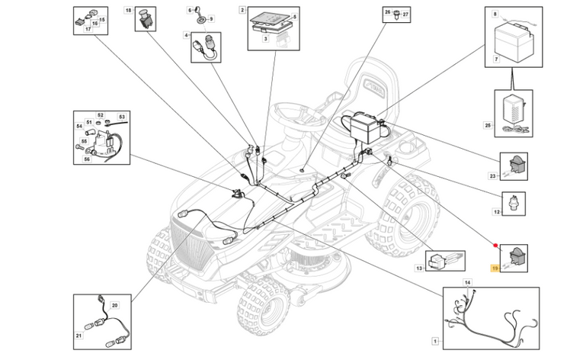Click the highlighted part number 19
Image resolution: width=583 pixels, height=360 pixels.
(495, 269)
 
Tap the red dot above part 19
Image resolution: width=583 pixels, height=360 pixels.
(496, 246)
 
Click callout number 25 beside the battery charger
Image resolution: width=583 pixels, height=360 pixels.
(489, 125)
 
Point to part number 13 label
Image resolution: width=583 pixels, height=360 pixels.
(418, 269)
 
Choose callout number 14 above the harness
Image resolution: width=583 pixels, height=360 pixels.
(469, 283)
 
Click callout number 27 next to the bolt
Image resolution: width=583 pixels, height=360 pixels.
(406, 14)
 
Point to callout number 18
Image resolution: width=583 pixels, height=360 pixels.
(129, 11)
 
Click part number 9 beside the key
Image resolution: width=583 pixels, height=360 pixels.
(211, 18)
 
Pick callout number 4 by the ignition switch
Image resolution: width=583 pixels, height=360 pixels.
(186, 35)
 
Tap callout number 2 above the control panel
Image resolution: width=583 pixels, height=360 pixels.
(242, 11)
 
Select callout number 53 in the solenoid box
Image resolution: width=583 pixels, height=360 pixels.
(121, 117)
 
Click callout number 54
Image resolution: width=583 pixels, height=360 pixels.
(78, 125)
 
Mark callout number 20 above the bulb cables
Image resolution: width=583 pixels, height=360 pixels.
(115, 304)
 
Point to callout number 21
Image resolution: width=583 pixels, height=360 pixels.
(78, 336)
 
